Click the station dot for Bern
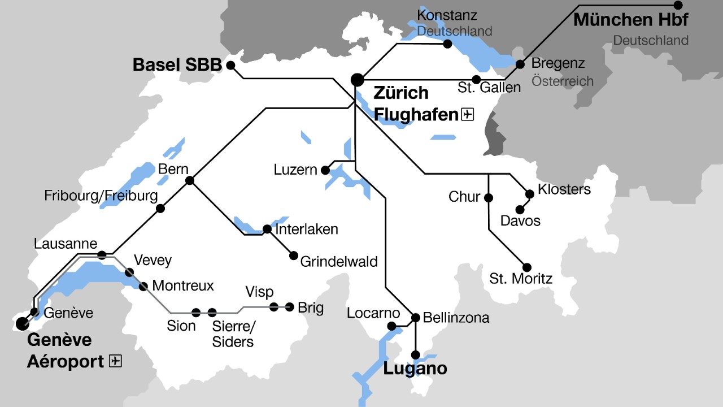[190, 180]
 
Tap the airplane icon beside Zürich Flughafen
[467, 115]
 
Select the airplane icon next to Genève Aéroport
[115, 361]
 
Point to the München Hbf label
[631, 20]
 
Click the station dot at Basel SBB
[230, 65]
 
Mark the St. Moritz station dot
[527, 267]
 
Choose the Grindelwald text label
[339, 262]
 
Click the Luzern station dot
[325, 170]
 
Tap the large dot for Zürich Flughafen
[357, 80]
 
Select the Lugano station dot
[416, 355]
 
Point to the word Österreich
[562, 81]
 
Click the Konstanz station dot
[447, 44]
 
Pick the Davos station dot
[520, 210]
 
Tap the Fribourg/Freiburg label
[101, 196]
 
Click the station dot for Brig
[290, 307]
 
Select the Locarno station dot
[391, 326]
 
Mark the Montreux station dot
[143, 286]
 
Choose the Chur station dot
[489, 197]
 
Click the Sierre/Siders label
[233, 334]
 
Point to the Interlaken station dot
[267, 229]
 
